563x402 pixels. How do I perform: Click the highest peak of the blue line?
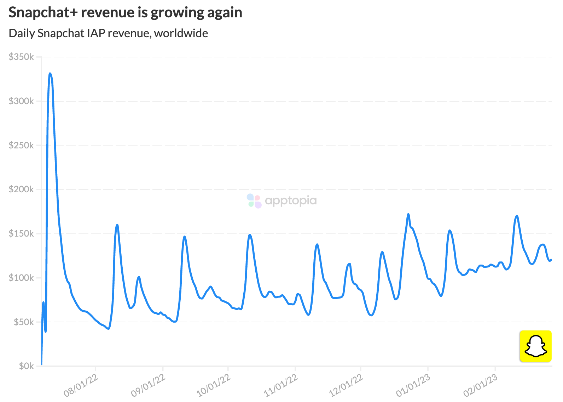[x=50, y=74]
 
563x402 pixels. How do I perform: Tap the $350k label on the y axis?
[x=21, y=57]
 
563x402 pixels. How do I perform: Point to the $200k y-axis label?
[x=21, y=189]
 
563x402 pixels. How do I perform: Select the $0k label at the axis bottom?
[x=26, y=366]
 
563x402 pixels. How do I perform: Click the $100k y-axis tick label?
[x=21, y=278]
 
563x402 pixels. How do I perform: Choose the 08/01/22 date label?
[x=81, y=385]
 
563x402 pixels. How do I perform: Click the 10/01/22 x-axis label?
[x=214, y=385]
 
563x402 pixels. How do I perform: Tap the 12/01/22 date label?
[x=346, y=385]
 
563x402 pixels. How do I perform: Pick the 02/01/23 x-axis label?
[x=481, y=385]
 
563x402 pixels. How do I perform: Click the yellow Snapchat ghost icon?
[x=536, y=346]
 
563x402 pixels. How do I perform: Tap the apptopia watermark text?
[x=291, y=201]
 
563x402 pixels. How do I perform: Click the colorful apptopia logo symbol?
[x=254, y=201]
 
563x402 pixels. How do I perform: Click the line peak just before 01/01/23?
[x=408, y=214]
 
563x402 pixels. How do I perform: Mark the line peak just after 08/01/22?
[x=117, y=225]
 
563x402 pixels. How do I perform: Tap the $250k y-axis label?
[x=21, y=145]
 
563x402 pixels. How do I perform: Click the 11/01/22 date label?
[x=281, y=385]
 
